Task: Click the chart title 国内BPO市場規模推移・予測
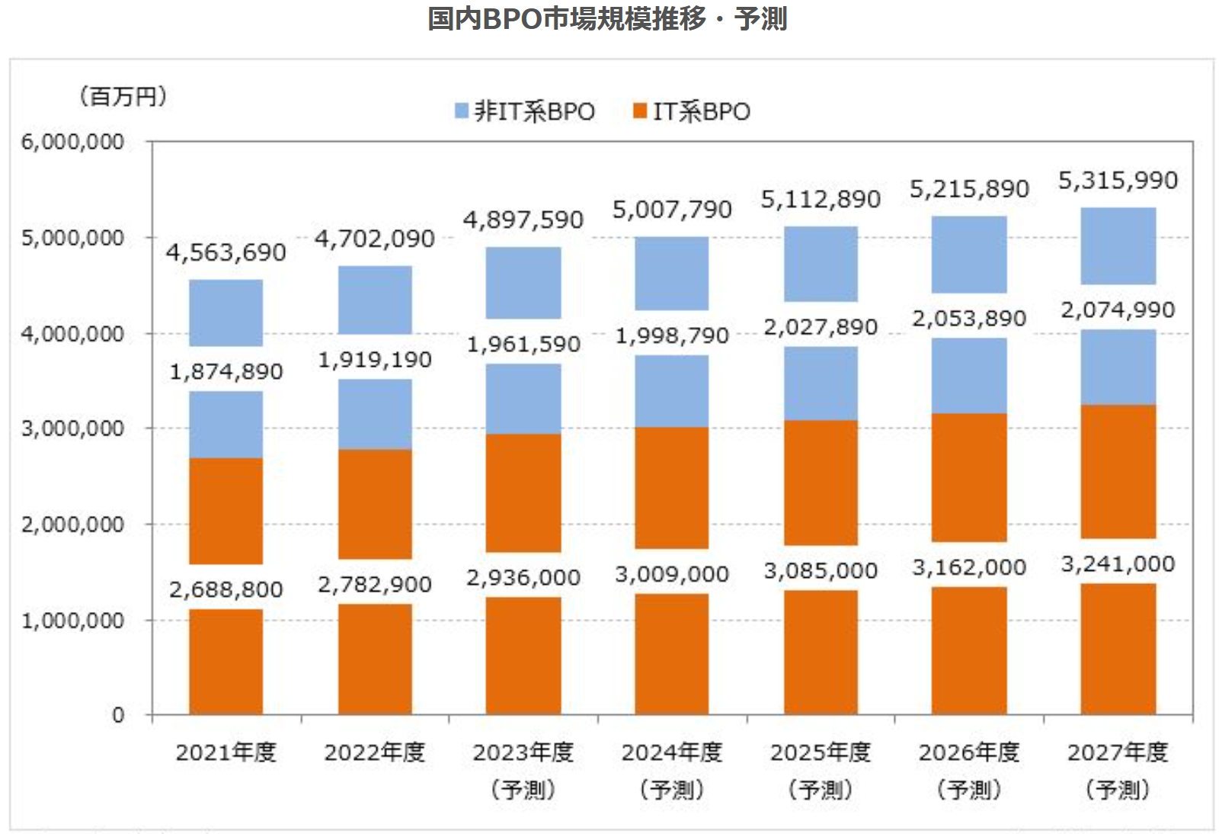tap(607, 18)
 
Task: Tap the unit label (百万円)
tap(122, 97)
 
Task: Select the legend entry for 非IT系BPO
tap(526, 111)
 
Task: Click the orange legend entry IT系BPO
tap(692, 111)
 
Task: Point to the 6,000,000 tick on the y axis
tap(72, 142)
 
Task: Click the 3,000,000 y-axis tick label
tap(72, 428)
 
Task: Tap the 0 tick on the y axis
tap(118, 715)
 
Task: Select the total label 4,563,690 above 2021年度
tap(226, 252)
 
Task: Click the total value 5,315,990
tap(1118, 181)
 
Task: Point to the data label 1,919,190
tap(374, 360)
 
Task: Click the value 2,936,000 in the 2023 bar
tap(523, 578)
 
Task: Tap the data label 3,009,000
tap(672, 574)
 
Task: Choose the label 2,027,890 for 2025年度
tap(821, 327)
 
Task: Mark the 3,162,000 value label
tap(969, 567)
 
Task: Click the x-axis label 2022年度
tap(374, 752)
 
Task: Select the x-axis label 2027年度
tap(1118, 752)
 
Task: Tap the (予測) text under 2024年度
tap(672, 789)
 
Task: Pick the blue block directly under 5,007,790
tap(672, 273)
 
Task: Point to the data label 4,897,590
tap(523, 220)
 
